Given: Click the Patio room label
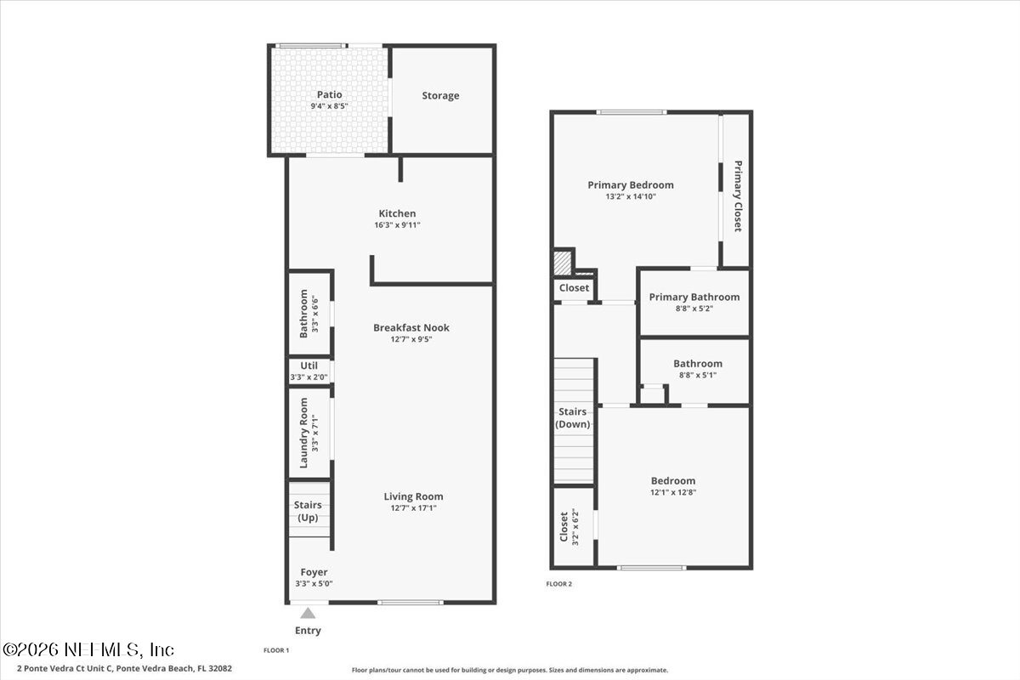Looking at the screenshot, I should click(x=329, y=94).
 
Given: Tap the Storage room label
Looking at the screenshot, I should click(x=440, y=96).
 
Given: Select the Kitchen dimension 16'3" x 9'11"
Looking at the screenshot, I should click(x=397, y=225).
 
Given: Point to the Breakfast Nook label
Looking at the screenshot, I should click(x=411, y=327).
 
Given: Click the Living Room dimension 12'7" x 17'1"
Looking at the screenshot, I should click(x=413, y=508).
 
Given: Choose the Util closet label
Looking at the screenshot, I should click(x=309, y=365).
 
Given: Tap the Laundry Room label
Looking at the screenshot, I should click(x=303, y=433).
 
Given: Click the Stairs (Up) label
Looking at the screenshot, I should click(x=308, y=511).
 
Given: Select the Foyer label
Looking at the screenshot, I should click(x=314, y=572).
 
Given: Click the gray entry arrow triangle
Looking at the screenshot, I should click(x=308, y=614).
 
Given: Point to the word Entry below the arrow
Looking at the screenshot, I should click(x=308, y=631).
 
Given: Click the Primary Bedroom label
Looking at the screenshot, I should click(x=631, y=184).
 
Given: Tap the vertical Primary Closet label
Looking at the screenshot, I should click(x=738, y=196).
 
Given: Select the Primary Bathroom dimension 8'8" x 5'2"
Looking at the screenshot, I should click(x=694, y=308).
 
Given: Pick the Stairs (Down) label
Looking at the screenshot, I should click(x=573, y=418).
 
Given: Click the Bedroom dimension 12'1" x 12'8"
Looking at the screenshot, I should click(x=673, y=492).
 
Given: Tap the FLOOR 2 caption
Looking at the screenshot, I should click(x=559, y=584).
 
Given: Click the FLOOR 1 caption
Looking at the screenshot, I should click(x=276, y=650).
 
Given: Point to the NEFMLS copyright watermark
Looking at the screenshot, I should click(x=88, y=649).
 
